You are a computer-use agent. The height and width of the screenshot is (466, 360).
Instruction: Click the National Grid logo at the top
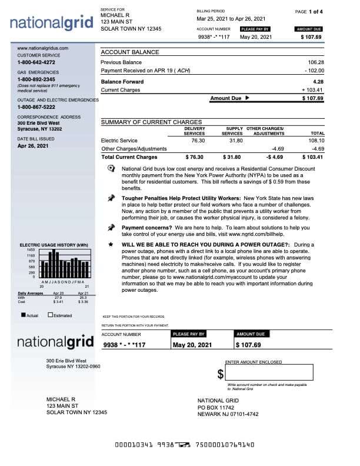coord(52,24)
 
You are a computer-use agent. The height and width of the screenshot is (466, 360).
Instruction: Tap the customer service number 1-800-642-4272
coord(36,62)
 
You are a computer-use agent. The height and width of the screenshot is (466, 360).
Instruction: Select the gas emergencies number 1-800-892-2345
coord(36,79)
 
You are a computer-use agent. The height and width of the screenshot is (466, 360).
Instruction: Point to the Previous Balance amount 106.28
coord(316,62)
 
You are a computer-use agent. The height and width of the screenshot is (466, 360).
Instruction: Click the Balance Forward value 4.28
coord(318,82)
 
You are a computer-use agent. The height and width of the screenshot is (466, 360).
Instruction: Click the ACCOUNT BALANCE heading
coord(130,52)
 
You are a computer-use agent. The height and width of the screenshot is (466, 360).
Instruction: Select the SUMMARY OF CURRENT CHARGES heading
coord(151,122)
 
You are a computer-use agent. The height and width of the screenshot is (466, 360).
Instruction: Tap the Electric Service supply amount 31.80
coord(235,141)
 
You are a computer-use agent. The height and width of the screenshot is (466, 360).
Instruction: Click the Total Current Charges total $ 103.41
coord(312,157)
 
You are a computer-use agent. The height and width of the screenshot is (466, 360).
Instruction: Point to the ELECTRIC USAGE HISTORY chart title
coord(54,245)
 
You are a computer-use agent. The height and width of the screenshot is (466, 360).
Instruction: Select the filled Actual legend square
coord(23,315)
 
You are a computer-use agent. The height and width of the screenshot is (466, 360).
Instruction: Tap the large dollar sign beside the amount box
coord(221,374)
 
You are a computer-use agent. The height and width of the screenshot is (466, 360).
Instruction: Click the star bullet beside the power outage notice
coord(111,244)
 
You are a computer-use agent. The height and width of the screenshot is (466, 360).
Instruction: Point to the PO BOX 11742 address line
coord(216,407)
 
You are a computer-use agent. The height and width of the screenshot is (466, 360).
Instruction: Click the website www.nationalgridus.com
coord(43,48)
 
